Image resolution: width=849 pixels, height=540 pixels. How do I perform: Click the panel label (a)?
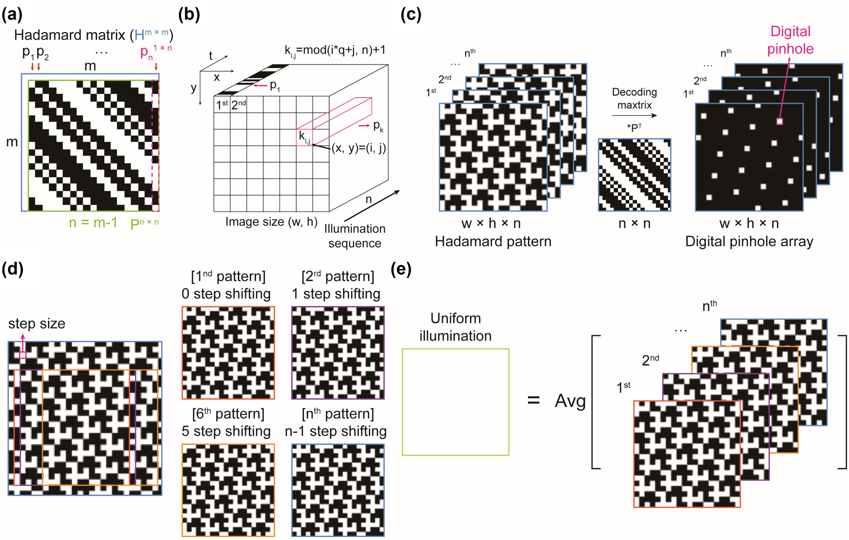12,15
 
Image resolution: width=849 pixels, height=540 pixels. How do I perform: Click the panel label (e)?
401,269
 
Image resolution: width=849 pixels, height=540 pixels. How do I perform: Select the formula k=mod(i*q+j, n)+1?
335,50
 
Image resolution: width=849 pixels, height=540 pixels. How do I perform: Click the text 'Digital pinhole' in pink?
790,40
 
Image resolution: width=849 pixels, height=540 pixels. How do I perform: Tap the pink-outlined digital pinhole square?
779,121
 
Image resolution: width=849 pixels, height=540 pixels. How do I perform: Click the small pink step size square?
23,355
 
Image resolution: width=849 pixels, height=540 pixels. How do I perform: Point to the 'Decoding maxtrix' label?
634,98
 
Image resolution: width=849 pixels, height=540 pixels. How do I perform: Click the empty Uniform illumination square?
455,402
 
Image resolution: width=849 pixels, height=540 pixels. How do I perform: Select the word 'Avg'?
570,401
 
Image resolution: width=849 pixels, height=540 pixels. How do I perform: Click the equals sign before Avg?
533,400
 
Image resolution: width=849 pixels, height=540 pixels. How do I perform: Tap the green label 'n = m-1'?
93,222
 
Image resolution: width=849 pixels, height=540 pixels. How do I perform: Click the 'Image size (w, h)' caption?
271,221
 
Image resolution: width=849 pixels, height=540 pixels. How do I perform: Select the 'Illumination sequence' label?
355,236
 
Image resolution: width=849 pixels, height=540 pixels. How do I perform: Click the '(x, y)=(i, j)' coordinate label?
358,148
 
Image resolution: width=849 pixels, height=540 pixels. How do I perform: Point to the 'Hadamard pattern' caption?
493,241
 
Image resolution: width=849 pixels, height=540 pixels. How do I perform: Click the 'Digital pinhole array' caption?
749,241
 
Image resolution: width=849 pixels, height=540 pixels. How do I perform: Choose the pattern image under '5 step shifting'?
228,490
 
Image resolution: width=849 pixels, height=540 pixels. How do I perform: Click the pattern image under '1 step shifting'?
338,353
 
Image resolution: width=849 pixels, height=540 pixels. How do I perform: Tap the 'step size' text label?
36,324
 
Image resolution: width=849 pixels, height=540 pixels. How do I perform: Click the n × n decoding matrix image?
634,175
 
